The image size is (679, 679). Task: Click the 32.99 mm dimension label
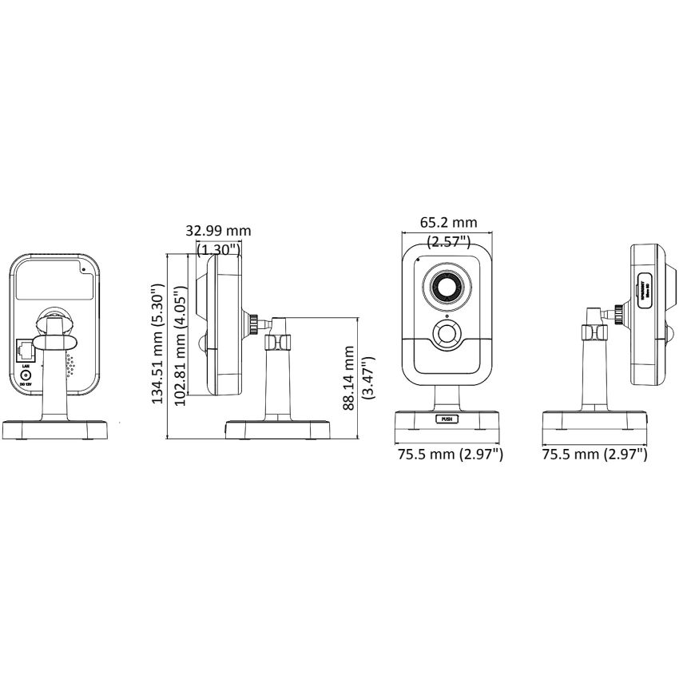(218, 230)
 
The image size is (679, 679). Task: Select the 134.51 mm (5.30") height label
(158, 347)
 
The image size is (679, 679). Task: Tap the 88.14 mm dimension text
(348, 377)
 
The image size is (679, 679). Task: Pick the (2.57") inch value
(449, 240)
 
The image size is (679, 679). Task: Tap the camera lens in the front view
(446, 287)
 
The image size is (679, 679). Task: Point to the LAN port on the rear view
(25, 349)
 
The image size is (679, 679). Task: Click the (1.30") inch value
(218, 248)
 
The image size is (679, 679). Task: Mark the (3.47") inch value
(367, 377)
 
